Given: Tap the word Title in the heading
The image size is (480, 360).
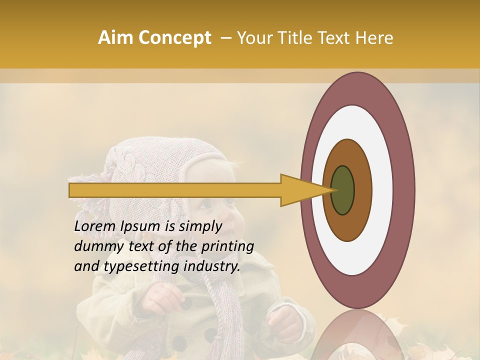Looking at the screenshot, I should pos(303,38).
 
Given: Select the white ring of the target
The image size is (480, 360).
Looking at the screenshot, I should pos(380,190).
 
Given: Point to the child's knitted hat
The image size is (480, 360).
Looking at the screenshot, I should pos(150,160).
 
